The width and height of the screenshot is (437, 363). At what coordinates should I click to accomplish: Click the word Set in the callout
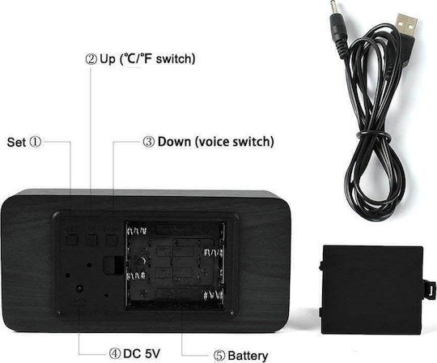16,143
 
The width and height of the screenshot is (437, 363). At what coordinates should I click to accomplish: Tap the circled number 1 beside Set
35,142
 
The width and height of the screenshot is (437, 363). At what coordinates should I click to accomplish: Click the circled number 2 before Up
91,59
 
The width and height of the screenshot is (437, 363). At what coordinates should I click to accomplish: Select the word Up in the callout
108,59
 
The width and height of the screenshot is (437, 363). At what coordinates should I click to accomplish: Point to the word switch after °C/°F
176,59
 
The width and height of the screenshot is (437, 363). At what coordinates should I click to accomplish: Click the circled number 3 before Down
149,142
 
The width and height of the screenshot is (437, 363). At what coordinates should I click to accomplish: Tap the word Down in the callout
174,142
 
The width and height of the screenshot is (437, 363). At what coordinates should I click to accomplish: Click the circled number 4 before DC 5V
115,354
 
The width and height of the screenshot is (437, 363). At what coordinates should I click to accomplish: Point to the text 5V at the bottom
152,353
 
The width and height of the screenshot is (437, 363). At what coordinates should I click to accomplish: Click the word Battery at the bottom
248,356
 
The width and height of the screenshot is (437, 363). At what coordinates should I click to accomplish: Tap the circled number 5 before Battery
219,356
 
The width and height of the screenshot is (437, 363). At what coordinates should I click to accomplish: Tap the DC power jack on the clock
79,288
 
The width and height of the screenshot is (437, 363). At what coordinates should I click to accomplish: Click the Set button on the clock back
71,239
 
